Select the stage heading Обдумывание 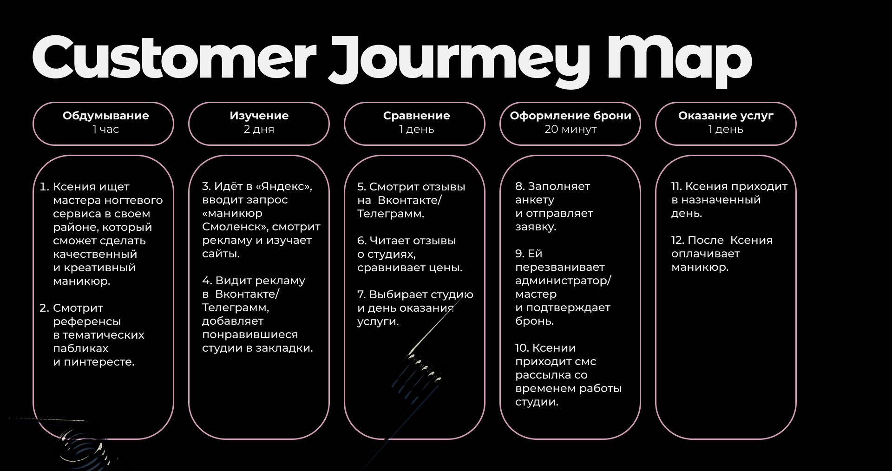(x=106, y=116)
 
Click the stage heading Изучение (x=259, y=116)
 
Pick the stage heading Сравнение (x=416, y=116)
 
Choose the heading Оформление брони (x=571, y=116)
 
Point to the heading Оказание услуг (x=726, y=116)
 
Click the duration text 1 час (x=106, y=129)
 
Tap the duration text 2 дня (x=259, y=129)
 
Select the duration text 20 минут (x=571, y=129)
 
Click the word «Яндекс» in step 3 (x=284, y=186)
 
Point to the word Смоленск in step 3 (x=234, y=227)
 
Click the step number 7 (x=361, y=294)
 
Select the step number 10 (x=522, y=348)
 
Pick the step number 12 (x=677, y=240)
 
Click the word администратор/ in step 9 (x=563, y=281)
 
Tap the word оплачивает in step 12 (x=705, y=254)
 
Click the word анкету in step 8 (x=535, y=200)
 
